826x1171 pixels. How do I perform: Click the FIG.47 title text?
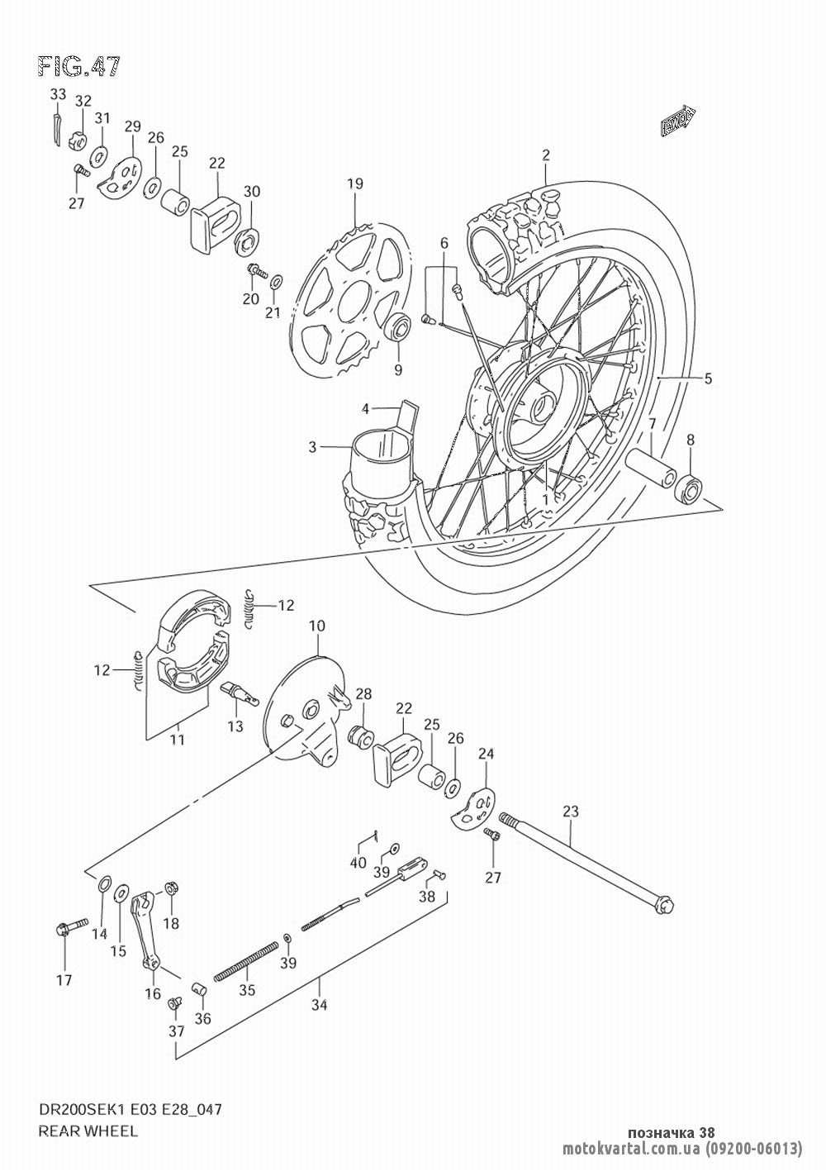[78, 67]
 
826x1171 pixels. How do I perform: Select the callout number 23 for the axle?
[571, 812]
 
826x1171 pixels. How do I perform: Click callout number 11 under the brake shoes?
[178, 740]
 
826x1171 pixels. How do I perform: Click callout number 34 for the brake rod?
[320, 1005]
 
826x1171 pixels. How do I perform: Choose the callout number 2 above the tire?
[546, 154]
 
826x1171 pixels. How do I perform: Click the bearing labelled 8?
[688, 488]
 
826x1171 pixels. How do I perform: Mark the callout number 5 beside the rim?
[708, 379]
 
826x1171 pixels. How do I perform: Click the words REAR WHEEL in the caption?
[77, 1131]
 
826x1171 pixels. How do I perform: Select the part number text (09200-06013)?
[753, 1148]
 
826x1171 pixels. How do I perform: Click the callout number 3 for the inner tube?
[313, 447]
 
